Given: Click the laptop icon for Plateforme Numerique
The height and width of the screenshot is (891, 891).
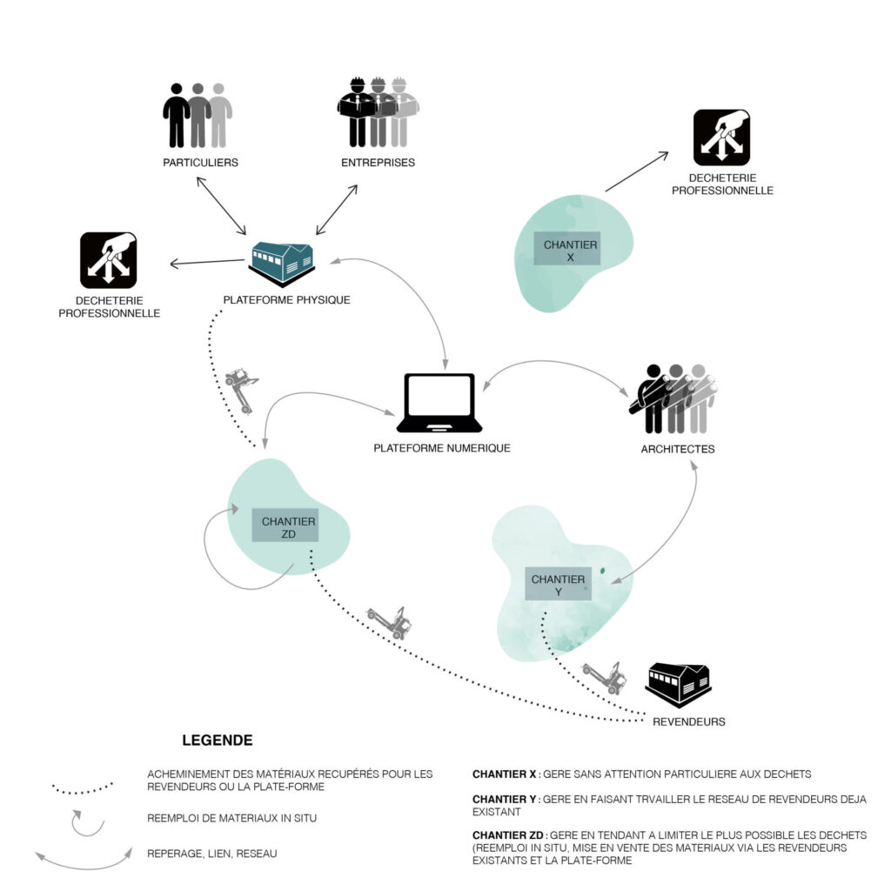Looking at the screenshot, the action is coord(439,402).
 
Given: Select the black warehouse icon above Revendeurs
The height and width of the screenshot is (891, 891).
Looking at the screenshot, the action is coord(679,684).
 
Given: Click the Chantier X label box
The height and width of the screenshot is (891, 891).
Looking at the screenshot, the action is coord(567,248).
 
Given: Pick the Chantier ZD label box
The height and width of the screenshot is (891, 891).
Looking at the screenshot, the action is coord(285,525).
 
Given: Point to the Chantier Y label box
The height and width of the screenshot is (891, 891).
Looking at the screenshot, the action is coord(558,584).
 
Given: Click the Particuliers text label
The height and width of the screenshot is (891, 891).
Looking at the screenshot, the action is coord(201,163).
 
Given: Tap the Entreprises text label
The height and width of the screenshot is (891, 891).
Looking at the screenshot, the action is coord(378,163).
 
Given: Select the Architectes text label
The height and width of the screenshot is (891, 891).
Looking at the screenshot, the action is coord(678,449).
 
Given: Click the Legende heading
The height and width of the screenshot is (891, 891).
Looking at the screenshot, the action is coord(218,740).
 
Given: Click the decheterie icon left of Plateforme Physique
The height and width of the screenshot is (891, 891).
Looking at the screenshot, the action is coord(109,260).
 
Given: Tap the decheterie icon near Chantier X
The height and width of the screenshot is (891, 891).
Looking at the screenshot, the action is coord(721,137).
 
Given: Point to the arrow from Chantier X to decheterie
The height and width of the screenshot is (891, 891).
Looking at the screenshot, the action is coord(637,171).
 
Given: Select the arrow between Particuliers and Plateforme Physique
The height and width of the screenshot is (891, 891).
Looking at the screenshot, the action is coord(221,205).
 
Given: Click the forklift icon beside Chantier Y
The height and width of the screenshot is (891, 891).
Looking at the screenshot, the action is coord(606,676).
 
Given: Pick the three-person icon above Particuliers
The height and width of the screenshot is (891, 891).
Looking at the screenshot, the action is coord(198,116).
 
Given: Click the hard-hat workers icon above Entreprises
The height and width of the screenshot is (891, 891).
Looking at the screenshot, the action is coord(378,112).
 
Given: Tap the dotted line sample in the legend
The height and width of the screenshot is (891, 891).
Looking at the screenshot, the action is coord(83,788).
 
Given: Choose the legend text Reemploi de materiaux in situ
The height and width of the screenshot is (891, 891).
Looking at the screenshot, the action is coord(231,818).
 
